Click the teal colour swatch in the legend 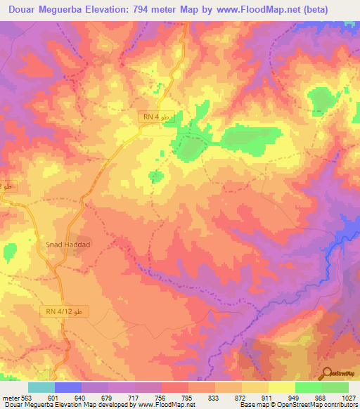(41, 387)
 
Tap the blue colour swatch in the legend (68, 387)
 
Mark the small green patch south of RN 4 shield (156, 176)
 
